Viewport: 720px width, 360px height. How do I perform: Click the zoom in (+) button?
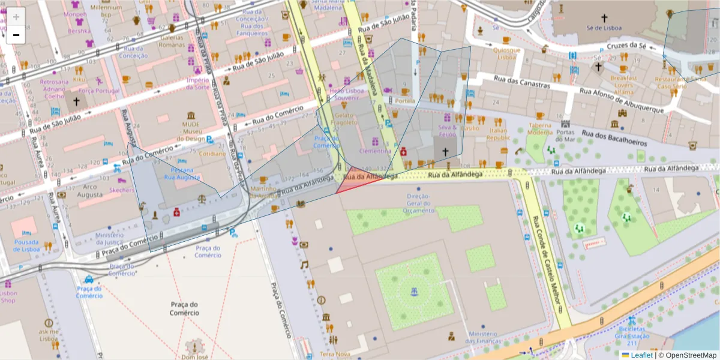click(16, 16)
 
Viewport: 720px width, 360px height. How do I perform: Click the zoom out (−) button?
click(16, 35)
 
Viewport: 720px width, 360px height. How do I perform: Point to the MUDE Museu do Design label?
click(191, 132)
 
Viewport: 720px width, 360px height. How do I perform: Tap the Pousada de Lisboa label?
click(27, 246)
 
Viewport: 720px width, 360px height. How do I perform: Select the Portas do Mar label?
click(565, 136)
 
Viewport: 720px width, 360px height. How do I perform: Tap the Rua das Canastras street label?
click(521, 82)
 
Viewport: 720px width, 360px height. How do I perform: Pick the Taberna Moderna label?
click(540, 128)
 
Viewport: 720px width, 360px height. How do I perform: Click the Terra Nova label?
click(334, 355)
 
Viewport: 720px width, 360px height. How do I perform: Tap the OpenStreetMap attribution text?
click(690, 355)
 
